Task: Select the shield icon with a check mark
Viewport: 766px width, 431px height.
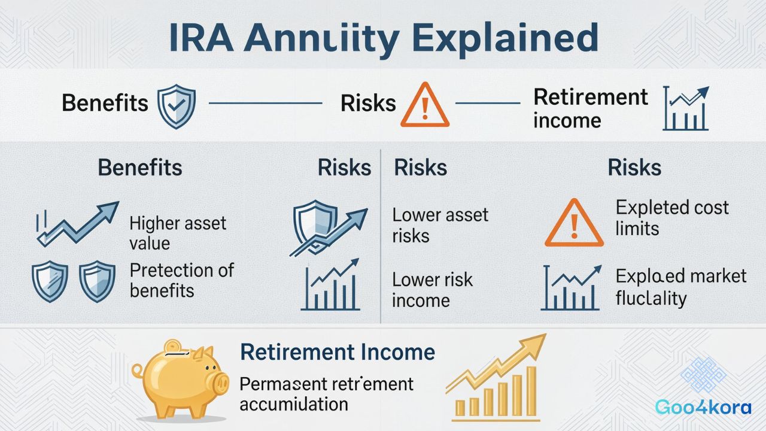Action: [x=176, y=106]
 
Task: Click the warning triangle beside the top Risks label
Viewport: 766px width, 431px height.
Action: [x=424, y=106]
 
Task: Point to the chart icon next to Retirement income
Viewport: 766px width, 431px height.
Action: [x=686, y=109]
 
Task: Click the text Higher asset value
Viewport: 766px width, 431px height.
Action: [x=178, y=233]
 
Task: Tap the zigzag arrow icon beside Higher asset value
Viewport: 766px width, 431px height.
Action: [x=77, y=223]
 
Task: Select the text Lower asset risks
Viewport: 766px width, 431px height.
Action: [x=440, y=225]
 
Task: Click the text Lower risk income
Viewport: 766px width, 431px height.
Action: [x=432, y=290]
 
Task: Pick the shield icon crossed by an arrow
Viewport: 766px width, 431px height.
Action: [x=318, y=228]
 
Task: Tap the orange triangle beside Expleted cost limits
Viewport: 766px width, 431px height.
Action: [x=573, y=224]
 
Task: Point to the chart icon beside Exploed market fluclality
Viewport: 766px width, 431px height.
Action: [x=571, y=289]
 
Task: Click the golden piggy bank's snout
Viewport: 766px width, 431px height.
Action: [x=220, y=381]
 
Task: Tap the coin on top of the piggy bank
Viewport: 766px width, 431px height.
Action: [x=174, y=347]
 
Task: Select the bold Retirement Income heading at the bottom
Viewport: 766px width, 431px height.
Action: [x=337, y=352]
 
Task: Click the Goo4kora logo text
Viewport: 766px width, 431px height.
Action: [x=703, y=408]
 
